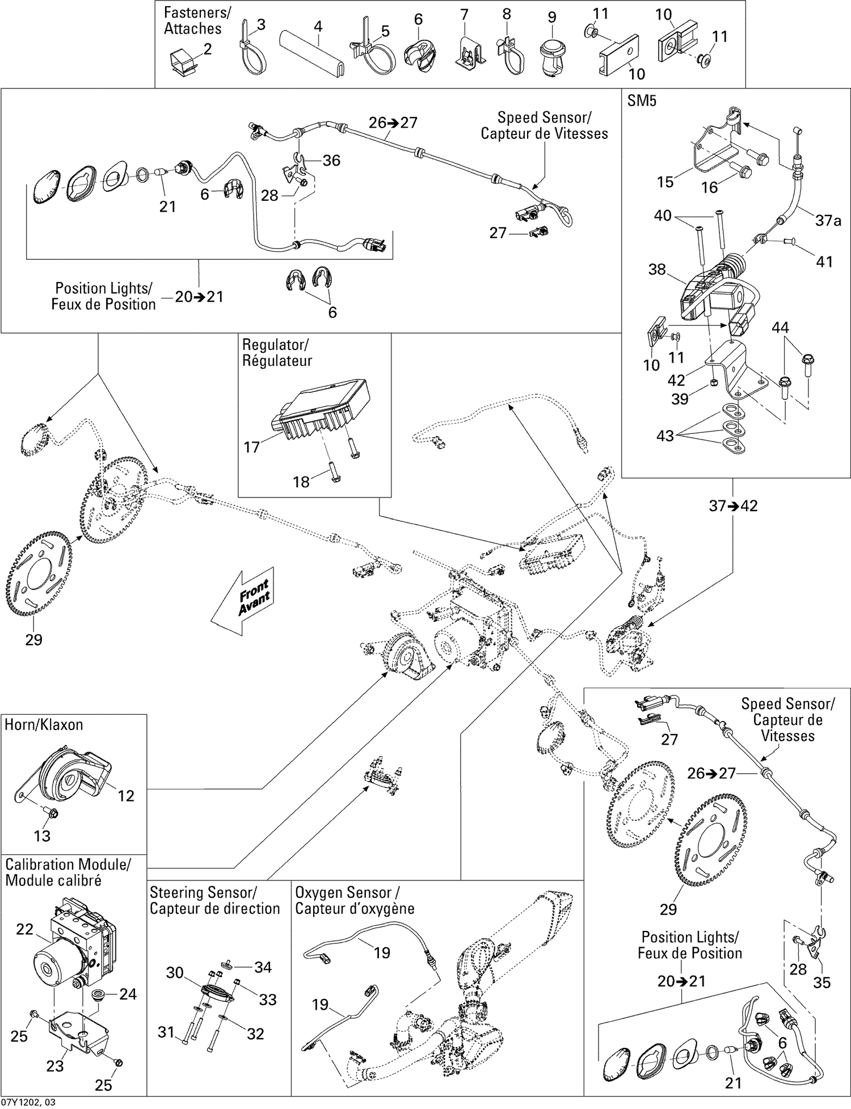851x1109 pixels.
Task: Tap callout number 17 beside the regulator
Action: pos(251,447)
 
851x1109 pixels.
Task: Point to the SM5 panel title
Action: pos(642,101)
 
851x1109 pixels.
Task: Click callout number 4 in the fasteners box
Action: pos(318,26)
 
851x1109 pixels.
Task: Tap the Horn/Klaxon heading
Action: pos(44,725)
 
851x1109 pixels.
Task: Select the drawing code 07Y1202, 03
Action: pos(28,1102)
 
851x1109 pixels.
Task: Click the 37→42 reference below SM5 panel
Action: pos(733,505)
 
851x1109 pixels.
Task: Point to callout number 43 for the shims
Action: pos(665,436)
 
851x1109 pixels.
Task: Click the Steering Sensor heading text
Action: pos(214,901)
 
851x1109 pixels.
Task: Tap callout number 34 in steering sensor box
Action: pos(263,967)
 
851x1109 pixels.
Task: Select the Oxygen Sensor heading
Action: pos(354,901)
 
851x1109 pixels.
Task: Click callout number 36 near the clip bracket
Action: pos(331,161)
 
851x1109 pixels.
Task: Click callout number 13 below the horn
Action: pos(42,836)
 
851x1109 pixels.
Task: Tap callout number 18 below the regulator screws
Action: pos(301,482)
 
